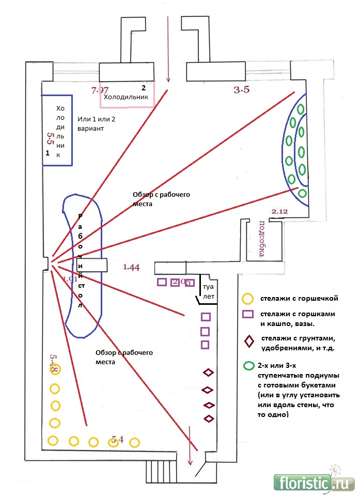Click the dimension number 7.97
tap(100, 90)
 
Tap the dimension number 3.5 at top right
tap(241, 90)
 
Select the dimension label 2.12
tap(279, 211)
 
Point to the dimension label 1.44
tap(131, 267)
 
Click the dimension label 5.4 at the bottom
tap(117, 440)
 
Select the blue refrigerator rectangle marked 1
tap(57, 130)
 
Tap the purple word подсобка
tap(261, 238)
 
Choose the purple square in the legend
tap(248, 315)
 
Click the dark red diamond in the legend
tap(249, 341)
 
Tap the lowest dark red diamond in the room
tap(209, 418)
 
